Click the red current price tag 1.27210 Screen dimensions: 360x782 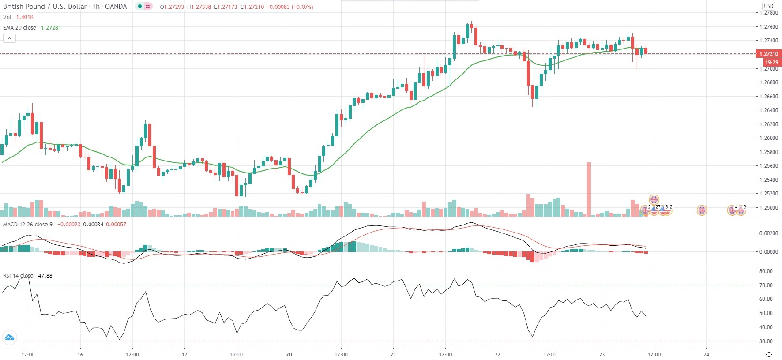pyautogui.click(x=768, y=54)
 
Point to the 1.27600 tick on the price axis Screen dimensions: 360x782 pyautogui.click(x=768, y=27)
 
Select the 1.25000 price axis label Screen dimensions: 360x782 pyautogui.click(x=768, y=207)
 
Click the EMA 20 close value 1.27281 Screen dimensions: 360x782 pyautogui.click(x=51, y=27)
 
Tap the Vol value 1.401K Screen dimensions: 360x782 pyautogui.click(x=25, y=17)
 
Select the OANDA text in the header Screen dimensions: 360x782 pyautogui.click(x=116, y=7)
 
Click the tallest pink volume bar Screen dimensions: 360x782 pyautogui.click(x=589, y=189)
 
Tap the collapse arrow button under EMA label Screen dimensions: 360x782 pyautogui.click(x=9, y=38)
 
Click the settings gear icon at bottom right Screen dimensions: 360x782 pyautogui.click(x=769, y=354)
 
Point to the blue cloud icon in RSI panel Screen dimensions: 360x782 pyautogui.click(x=9, y=338)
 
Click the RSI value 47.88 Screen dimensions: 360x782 pyautogui.click(x=45, y=275)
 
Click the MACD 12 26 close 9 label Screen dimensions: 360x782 pyautogui.click(x=28, y=224)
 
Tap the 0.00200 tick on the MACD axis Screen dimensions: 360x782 pyautogui.click(x=768, y=233)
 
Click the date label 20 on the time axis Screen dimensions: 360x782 pyautogui.click(x=289, y=354)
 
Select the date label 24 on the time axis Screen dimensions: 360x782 pyautogui.click(x=706, y=354)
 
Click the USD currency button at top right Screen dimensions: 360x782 pyautogui.click(x=769, y=6)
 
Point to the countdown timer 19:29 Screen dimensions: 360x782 pyautogui.click(x=771, y=63)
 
